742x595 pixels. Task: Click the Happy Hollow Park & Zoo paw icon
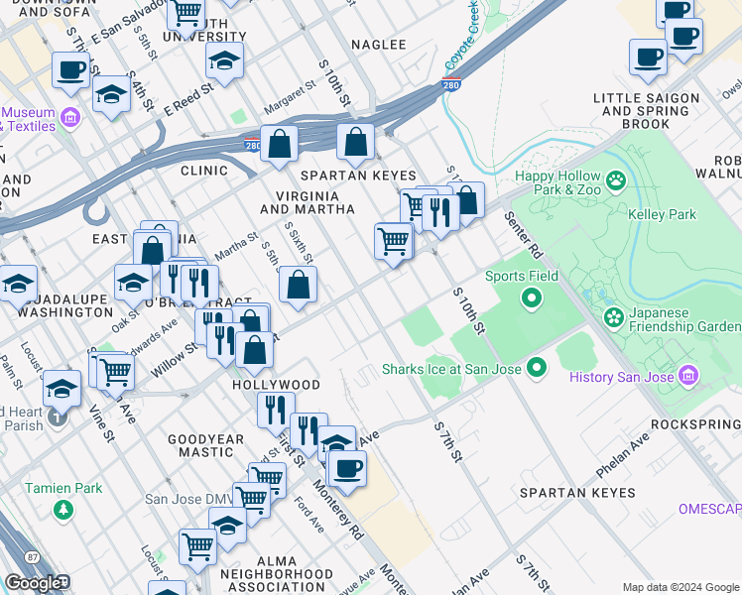(617, 180)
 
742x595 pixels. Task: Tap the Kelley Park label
(662, 214)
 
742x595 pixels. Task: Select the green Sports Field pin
(532, 297)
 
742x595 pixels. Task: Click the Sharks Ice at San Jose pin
(537, 369)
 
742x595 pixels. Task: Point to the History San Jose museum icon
(688, 376)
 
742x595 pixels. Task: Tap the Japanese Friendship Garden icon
(614, 318)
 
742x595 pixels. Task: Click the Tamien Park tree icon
(63, 509)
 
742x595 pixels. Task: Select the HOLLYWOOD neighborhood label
(276, 385)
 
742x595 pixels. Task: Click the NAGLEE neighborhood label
(380, 45)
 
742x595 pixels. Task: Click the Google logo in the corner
(33, 583)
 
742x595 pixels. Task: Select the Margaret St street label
(289, 110)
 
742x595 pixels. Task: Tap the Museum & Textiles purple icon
(69, 119)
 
